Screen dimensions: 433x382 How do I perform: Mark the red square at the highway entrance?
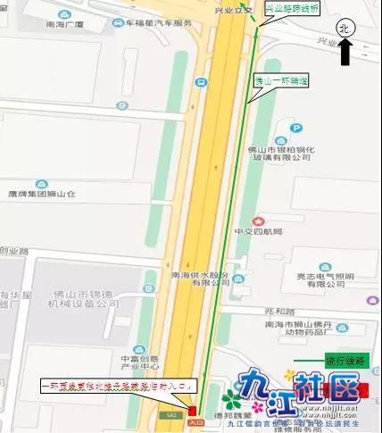[x=194, y=410]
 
